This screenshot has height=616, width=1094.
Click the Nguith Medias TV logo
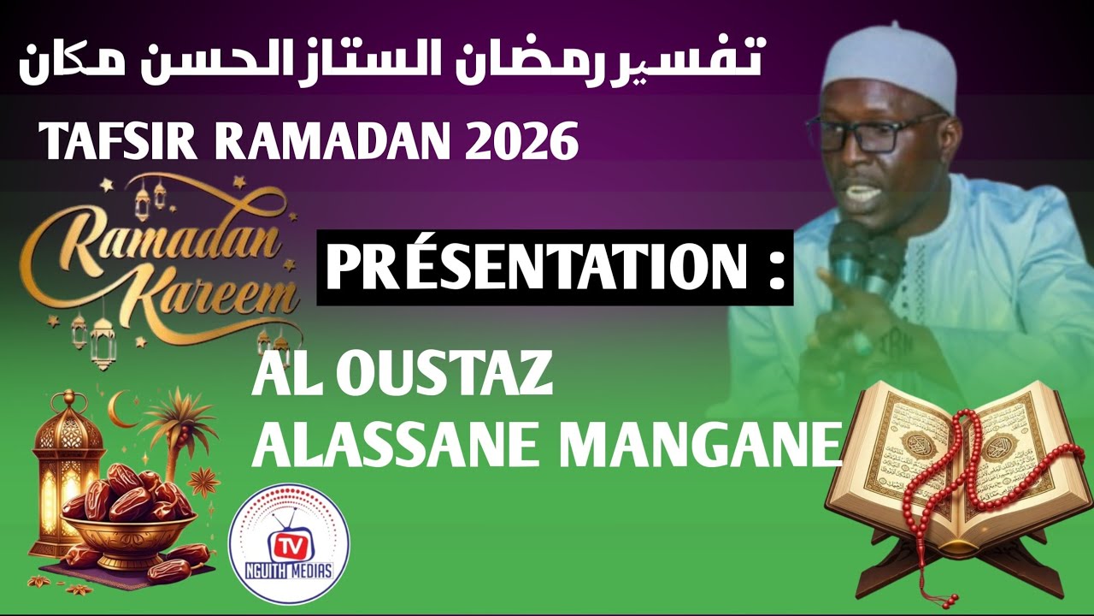click(288, 544)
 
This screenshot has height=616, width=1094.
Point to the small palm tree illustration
click(175, 428)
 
